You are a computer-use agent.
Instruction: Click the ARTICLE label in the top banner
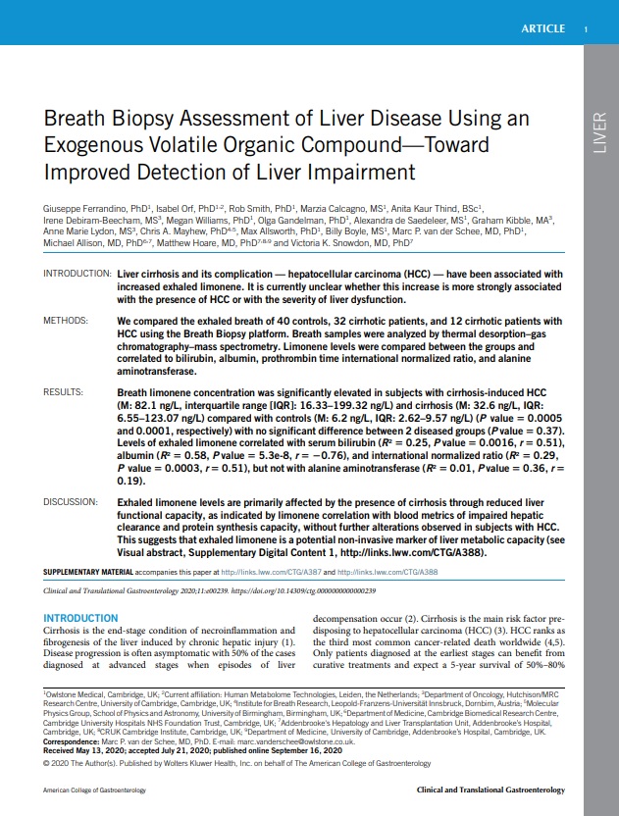pos(542,28)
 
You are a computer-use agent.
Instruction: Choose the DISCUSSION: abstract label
pos(72,501)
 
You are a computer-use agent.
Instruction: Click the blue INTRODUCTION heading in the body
pos(81,618)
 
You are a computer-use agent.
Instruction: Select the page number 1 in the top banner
pos(586,28)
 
